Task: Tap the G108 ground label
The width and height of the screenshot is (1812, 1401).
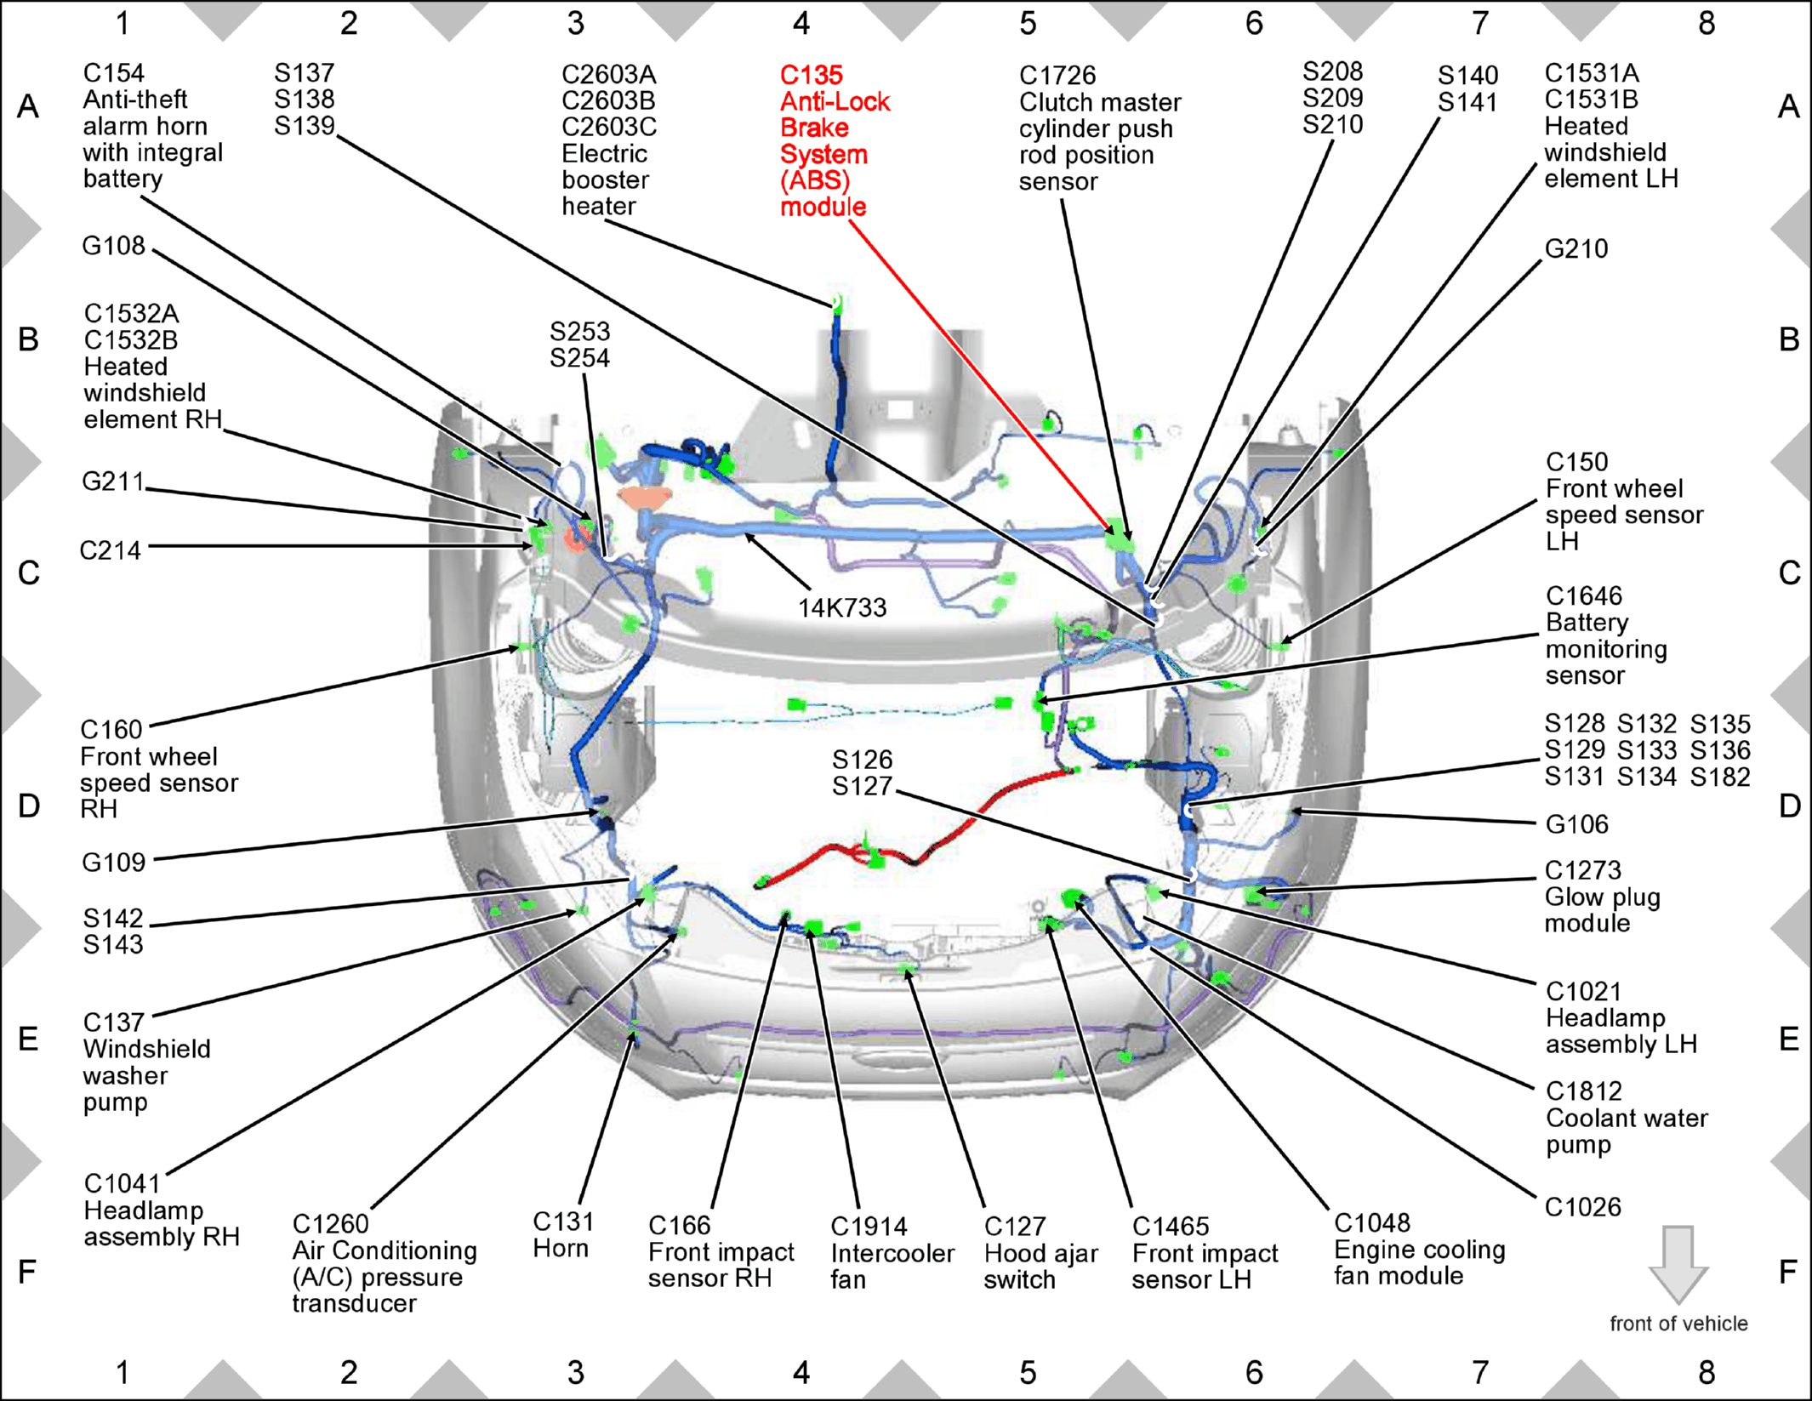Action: coord(113,246)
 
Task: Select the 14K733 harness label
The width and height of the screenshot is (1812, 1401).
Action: coord(841,607)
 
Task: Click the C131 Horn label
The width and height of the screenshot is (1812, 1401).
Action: coord(562,1234)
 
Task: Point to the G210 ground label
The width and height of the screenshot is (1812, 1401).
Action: coord(1576,248)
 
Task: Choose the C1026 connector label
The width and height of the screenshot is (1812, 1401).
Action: coord(1582,1206)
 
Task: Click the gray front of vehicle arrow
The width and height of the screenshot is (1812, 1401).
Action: coord(1678,1264)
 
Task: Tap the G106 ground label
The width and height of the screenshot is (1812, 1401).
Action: coord(1576,823)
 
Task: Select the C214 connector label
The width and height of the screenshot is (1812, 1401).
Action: coord(110,550)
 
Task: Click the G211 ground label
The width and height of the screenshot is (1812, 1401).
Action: coord(113,481)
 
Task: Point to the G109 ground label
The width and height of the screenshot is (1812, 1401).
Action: coord(113,863)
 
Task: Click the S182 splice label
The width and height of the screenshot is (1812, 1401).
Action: coord(1719,777)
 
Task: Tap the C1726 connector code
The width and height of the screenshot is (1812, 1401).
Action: coord(1057,76)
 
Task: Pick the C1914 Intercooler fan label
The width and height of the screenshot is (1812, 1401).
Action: coord(892,1253)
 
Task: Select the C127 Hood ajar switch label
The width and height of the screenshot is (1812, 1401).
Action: coord(1040,1253)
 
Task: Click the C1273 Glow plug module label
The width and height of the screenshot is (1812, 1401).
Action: coord(1602,897)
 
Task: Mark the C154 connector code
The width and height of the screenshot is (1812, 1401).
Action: coord(114,73)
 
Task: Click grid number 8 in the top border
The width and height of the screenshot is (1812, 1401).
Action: coord(1707,23)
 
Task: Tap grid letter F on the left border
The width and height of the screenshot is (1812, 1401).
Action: coord(27,1272)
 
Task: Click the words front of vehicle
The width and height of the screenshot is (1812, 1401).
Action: coord(1678,1324)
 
